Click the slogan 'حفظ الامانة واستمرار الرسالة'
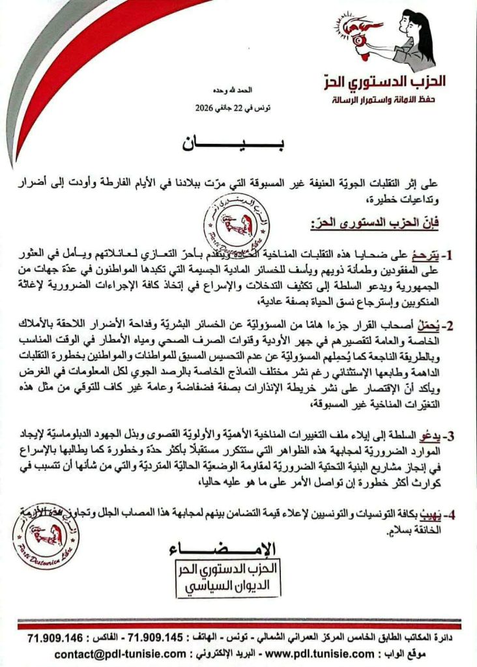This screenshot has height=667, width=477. (383, 101)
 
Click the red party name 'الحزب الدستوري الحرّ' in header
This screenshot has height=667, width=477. (386, 82)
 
